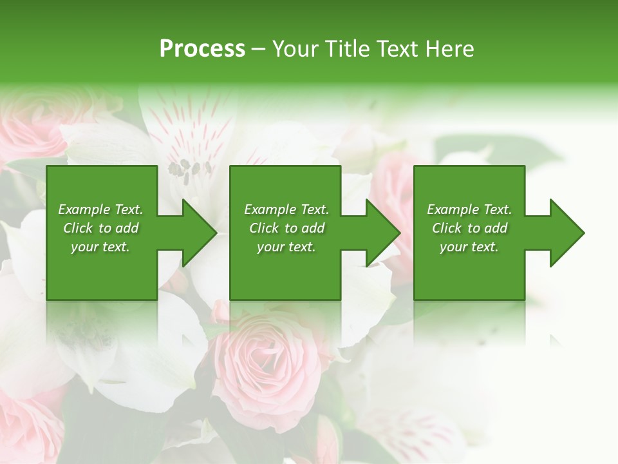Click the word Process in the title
[202, 48]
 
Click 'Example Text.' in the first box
[100, 209]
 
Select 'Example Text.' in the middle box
[286, 209]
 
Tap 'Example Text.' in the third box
[469, 209]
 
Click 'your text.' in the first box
[100, 247]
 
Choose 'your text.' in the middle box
[286, 247]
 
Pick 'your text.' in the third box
[469, 247]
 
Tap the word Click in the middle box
[264, 228]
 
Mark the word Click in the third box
[447, 228]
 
